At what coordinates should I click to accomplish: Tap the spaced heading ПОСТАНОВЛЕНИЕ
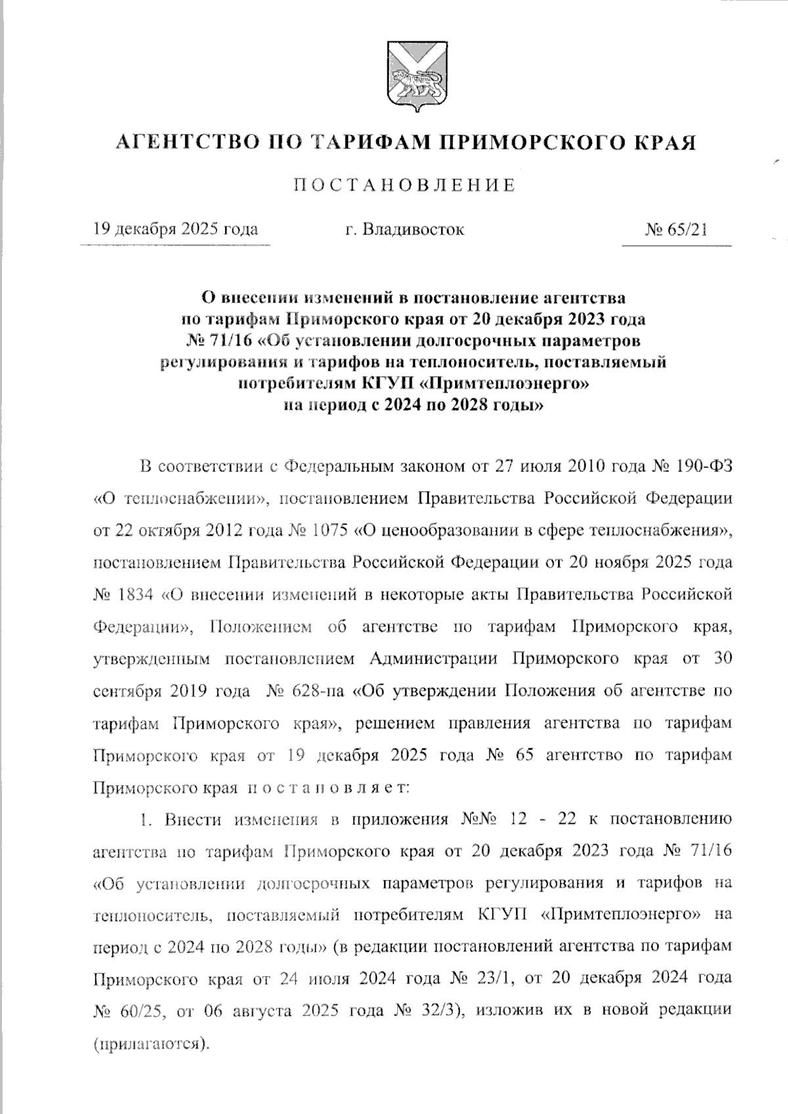[x=404, y=185]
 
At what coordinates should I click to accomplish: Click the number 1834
[x=136, y=595]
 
